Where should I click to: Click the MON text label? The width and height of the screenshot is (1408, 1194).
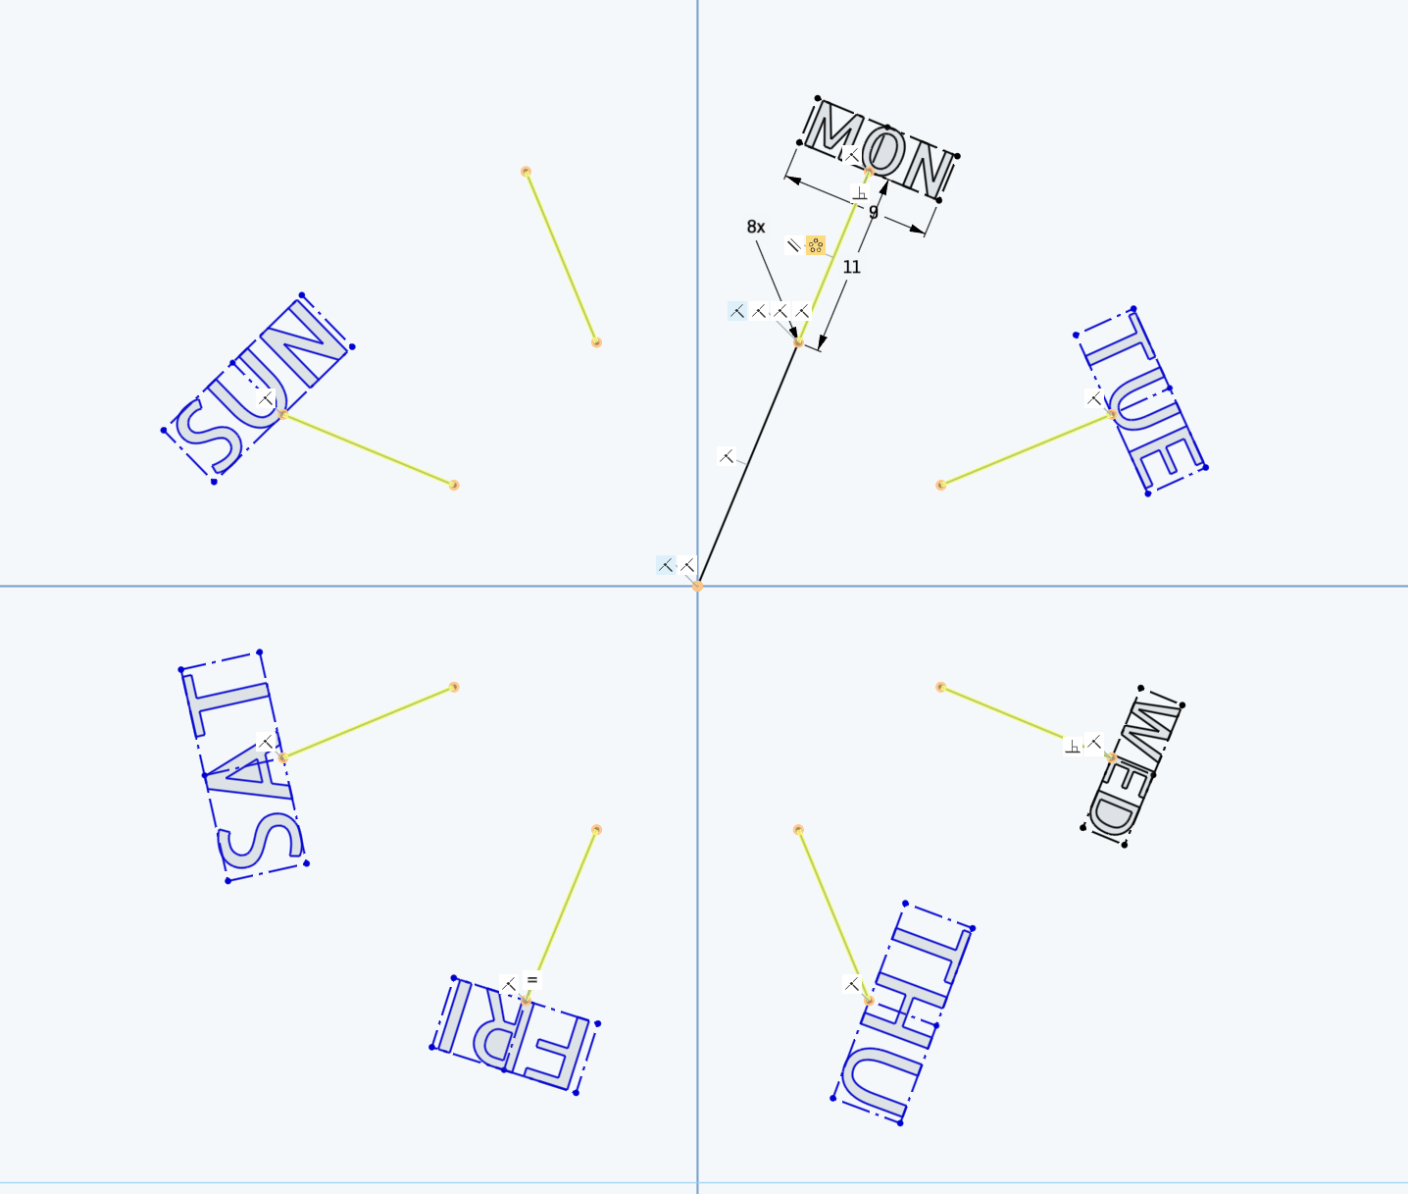coord(879,151)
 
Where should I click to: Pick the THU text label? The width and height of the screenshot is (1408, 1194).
coord(903,1012)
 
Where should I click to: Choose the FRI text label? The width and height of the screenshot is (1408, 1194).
coord(515,1035)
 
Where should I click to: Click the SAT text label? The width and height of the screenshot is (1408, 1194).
coord(243,766)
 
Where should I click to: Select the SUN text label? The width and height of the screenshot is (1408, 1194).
coord(258,389)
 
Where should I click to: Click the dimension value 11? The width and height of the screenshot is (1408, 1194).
coord(851,267)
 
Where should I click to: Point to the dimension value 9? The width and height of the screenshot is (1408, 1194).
coord(874,213)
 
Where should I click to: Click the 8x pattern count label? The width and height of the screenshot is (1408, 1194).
coord(755,227)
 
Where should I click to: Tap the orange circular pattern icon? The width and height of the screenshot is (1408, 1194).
coord(816,245)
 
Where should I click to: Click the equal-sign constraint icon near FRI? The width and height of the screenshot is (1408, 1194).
coord(532,980)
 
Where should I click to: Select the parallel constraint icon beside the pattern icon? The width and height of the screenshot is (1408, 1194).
coord(793,245)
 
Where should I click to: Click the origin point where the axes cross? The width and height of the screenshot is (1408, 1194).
coord(697,586)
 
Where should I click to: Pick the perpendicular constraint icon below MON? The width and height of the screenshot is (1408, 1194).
coord(860,193)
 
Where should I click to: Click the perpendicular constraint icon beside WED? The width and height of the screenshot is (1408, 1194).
coord(1073,747)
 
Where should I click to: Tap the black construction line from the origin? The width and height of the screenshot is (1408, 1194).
coord(748,464)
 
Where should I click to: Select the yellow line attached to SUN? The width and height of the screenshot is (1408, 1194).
coord(369,449)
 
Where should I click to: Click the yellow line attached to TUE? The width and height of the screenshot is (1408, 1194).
coord(1026,449)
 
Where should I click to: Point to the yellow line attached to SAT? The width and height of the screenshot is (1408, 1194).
coord(369,722)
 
